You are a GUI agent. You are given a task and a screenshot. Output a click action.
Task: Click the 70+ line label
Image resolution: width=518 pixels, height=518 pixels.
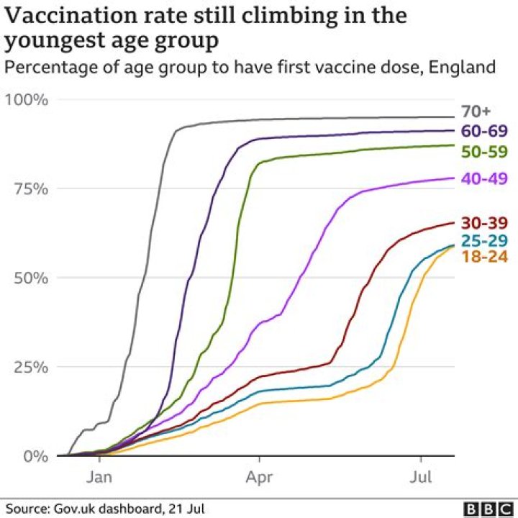pos(476,112)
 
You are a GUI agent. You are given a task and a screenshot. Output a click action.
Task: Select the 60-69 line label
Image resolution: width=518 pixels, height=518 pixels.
pos(484,131)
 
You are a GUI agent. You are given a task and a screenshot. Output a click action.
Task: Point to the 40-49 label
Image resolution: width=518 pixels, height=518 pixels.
pos(484,178)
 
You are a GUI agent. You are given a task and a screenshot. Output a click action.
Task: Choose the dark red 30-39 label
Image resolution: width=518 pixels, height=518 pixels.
pos(484,223)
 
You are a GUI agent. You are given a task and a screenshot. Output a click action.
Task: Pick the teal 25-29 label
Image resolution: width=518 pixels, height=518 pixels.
pos(484,240)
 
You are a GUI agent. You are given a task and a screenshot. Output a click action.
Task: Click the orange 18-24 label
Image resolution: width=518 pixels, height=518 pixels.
pos(484,257)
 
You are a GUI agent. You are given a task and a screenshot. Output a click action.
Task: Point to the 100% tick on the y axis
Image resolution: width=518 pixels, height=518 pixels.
pos(27,99)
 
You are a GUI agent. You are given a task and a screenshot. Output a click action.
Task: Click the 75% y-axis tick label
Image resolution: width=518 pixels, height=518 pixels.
pos(31,188)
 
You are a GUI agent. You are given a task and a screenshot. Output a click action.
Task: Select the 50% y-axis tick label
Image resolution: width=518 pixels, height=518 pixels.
pos(31,278)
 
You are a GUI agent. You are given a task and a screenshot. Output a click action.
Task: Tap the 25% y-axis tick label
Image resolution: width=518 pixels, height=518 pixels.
pos(31,367)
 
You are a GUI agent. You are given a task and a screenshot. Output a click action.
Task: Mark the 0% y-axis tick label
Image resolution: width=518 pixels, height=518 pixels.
pos(36,455)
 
